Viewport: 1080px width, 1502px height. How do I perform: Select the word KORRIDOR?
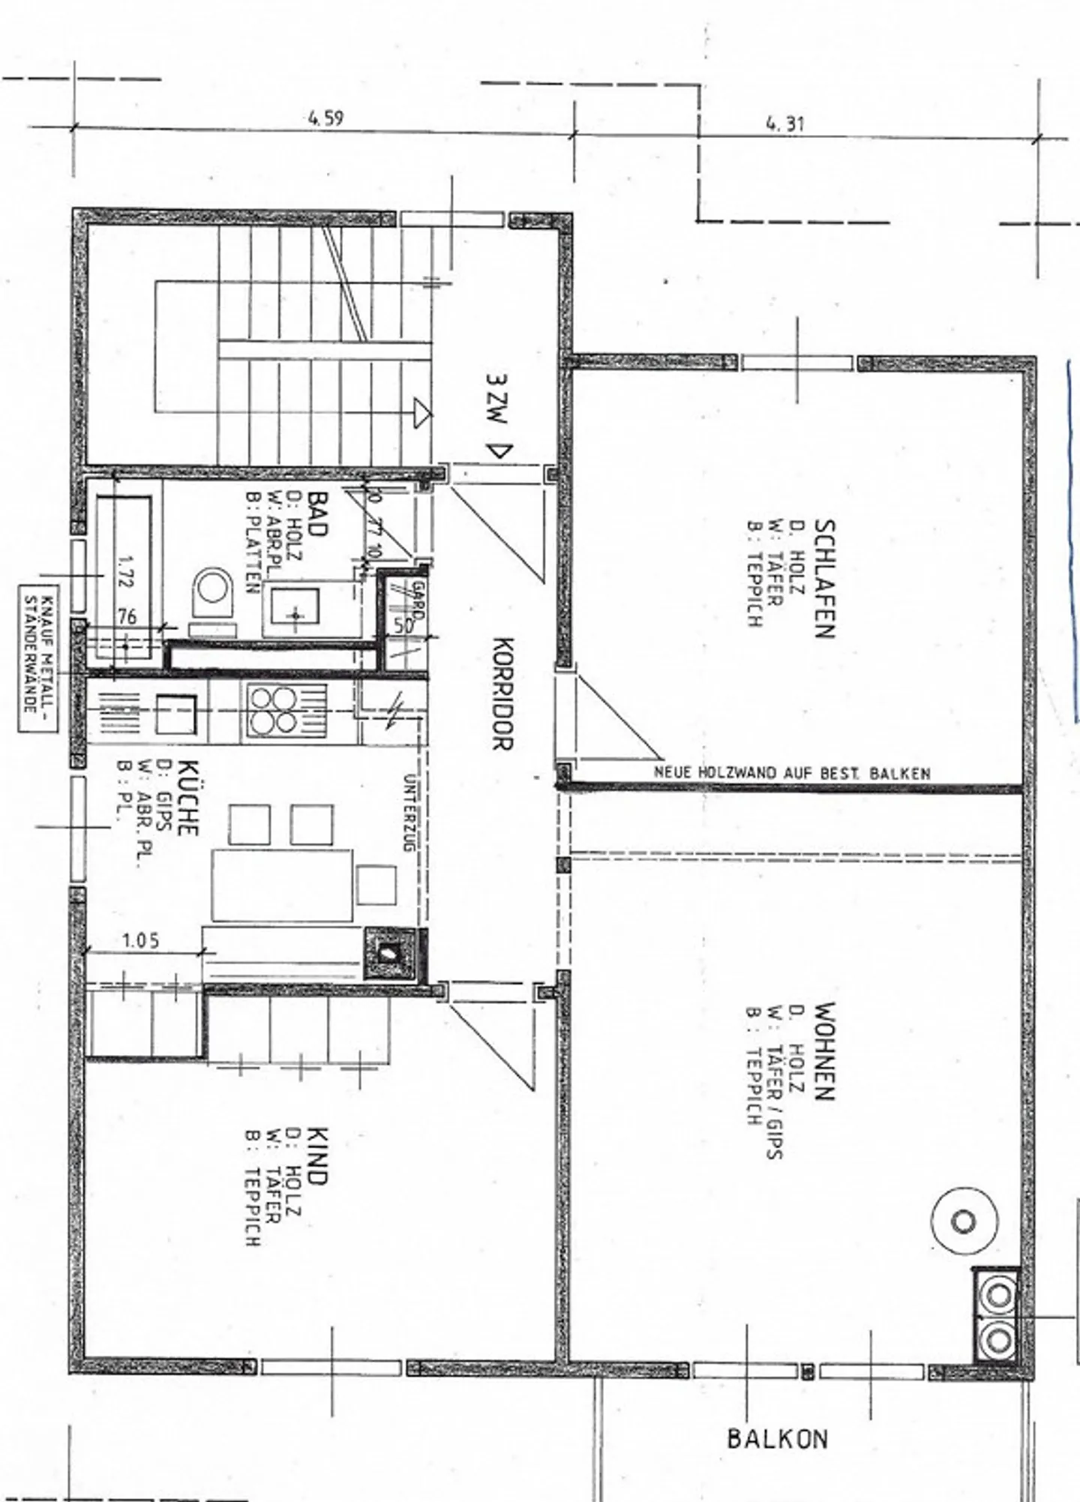pyautogui.click(x=502, y=694)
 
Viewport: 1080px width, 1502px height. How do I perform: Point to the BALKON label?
pyautogui.click(x=777, y=1438)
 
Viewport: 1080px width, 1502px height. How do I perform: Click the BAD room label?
pyautogui.click(x=318, y=514)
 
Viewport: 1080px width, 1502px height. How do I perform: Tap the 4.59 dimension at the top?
pyautogui.click(x=325, y=118)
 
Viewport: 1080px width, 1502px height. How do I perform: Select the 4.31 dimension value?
pyautogui.click(x=784, y=123)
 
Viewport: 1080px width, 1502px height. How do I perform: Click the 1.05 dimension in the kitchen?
pyautogui.click(x=140, y=940)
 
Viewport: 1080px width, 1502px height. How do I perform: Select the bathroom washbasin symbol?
pyautogui.click(x=295, y=615)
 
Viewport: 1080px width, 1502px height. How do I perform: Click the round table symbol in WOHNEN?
pyautogui.click(x=964, y=1221)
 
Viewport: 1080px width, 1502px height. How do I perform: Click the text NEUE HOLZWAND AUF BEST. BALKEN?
pyautogui.click(x=791, y=772)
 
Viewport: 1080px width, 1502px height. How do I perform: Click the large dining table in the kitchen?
pyautogui.click(x=282, y=885)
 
